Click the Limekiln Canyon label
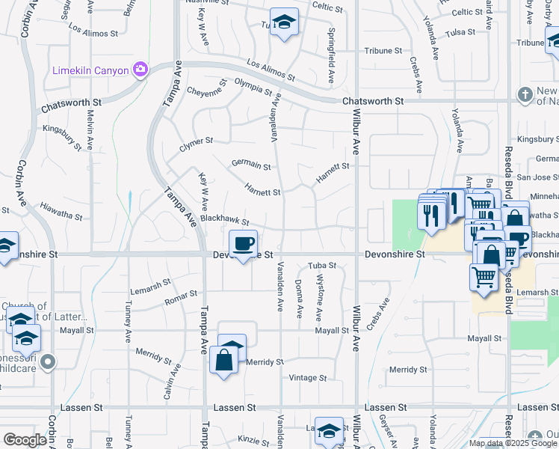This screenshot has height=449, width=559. [90, 70]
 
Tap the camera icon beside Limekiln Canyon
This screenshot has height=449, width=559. [140, 70]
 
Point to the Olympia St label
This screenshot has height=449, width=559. [253, 87]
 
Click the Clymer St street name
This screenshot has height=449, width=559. [197, 141]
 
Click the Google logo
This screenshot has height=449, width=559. [25, 440]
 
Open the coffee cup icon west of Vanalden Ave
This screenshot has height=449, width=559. [242, 243]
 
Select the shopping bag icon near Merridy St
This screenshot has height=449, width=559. [225, 360]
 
